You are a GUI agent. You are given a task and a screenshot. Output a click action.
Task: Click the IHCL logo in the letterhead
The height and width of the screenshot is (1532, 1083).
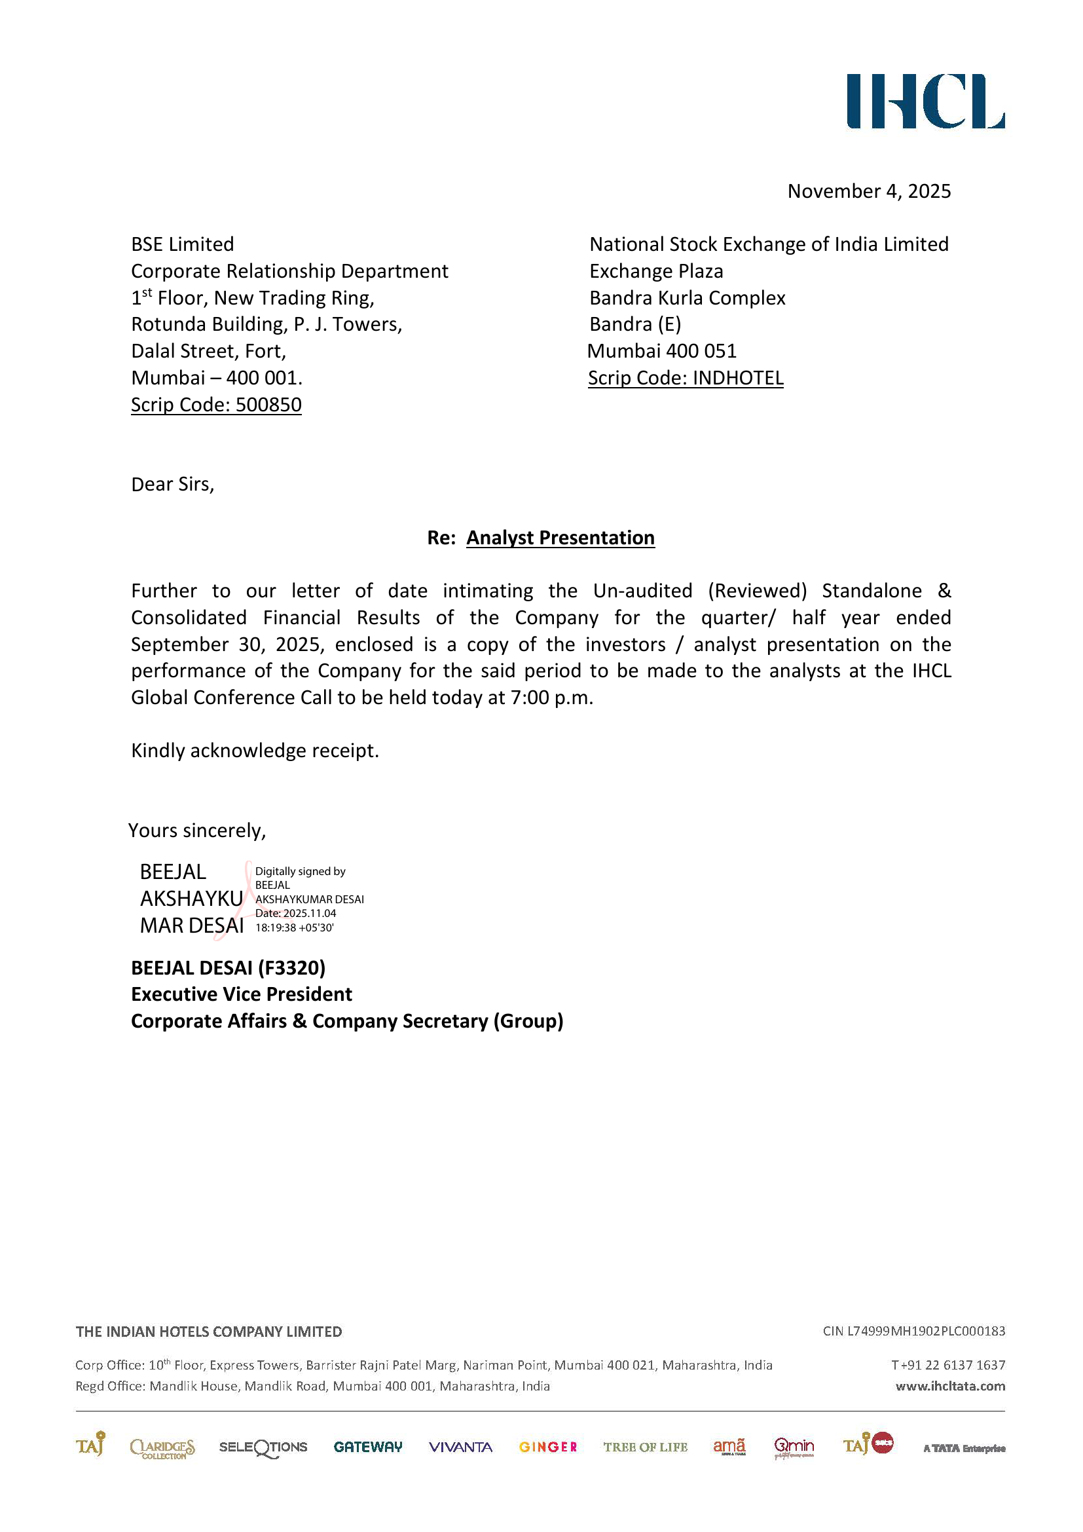(x=925, y=102)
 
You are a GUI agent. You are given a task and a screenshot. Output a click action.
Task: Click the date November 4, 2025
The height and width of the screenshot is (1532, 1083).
(x=868, y=191)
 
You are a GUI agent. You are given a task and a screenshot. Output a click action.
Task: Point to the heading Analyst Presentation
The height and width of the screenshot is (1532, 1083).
(x=560, y=538)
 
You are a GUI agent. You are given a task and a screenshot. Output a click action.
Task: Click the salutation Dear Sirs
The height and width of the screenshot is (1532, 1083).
(x=173, y=485)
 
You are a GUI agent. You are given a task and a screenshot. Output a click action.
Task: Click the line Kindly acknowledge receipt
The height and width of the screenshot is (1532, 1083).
(x=255, y=751)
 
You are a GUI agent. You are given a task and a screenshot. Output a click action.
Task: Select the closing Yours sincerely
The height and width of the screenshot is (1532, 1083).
(x=197, y=831)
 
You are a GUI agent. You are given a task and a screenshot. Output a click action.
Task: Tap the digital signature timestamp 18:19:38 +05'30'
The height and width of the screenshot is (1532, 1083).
(x=294, y=928)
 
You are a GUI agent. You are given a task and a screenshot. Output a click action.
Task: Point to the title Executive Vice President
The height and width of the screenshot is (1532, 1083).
(x=242, y=995)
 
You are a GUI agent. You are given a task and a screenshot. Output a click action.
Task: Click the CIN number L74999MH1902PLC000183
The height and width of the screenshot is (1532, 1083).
(x=926, y=1331)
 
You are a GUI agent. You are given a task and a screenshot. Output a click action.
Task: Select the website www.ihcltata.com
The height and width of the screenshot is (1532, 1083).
(x=949, y=1386)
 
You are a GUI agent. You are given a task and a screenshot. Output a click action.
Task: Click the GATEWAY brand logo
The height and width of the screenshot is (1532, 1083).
(x=367, y=1447)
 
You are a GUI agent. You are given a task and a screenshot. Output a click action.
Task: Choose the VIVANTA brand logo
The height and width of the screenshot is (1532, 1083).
(x=460, y=1448)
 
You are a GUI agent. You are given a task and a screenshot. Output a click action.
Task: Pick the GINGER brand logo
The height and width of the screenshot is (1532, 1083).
(x=547, y=1448)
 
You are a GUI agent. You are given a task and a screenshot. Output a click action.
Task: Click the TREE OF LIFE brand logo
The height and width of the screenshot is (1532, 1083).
(x=645, y=1448)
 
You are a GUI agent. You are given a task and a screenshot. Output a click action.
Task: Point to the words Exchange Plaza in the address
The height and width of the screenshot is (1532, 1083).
(x=656, y=272)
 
